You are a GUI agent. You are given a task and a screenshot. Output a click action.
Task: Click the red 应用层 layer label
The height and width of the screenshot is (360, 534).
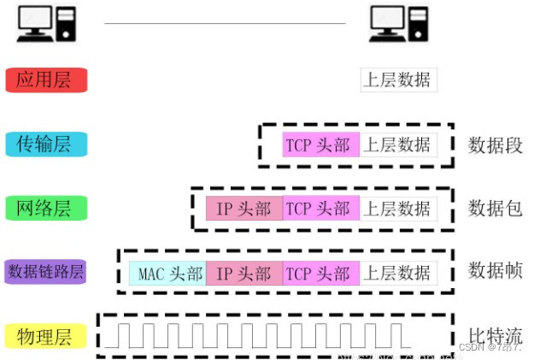(45, 80)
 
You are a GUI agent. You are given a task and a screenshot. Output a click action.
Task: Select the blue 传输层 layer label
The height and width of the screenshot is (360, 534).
(45, 145)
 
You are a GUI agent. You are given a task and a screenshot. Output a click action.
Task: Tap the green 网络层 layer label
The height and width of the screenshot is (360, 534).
(45, 208)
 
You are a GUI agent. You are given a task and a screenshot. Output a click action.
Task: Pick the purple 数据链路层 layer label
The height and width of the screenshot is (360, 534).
(45, 272)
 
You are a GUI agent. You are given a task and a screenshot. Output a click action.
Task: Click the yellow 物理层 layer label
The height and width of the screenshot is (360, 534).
(45, 336)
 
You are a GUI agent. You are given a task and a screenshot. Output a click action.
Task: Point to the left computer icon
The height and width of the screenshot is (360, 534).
(45, 24)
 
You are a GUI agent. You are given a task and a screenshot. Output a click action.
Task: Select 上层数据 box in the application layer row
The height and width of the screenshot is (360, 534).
(397, 80)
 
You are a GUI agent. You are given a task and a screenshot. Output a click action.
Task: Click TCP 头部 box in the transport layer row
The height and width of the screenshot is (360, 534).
(320, 145)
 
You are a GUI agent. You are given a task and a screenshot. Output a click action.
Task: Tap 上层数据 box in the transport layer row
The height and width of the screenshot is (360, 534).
(398, 145)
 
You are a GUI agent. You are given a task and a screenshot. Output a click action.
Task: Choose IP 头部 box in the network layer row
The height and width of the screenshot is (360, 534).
(244, 208)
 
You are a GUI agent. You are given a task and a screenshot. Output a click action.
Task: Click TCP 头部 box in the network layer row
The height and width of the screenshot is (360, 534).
(320, 208)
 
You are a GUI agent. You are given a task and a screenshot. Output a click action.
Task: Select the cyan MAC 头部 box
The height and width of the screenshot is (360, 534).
(167, 273)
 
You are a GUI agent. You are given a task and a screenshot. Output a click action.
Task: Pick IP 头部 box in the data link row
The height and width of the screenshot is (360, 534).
(244, 273)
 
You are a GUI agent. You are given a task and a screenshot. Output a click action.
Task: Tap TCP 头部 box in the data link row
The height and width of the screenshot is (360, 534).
(320, 273)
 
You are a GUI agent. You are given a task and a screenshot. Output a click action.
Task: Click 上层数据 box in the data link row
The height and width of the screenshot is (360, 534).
(398, 273)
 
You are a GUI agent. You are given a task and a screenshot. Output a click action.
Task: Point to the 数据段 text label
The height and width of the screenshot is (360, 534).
(495, 145)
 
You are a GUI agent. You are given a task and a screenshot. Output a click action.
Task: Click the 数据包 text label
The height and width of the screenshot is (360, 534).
(495, 208)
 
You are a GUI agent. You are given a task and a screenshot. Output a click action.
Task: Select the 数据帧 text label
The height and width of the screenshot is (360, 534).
(495, 272)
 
